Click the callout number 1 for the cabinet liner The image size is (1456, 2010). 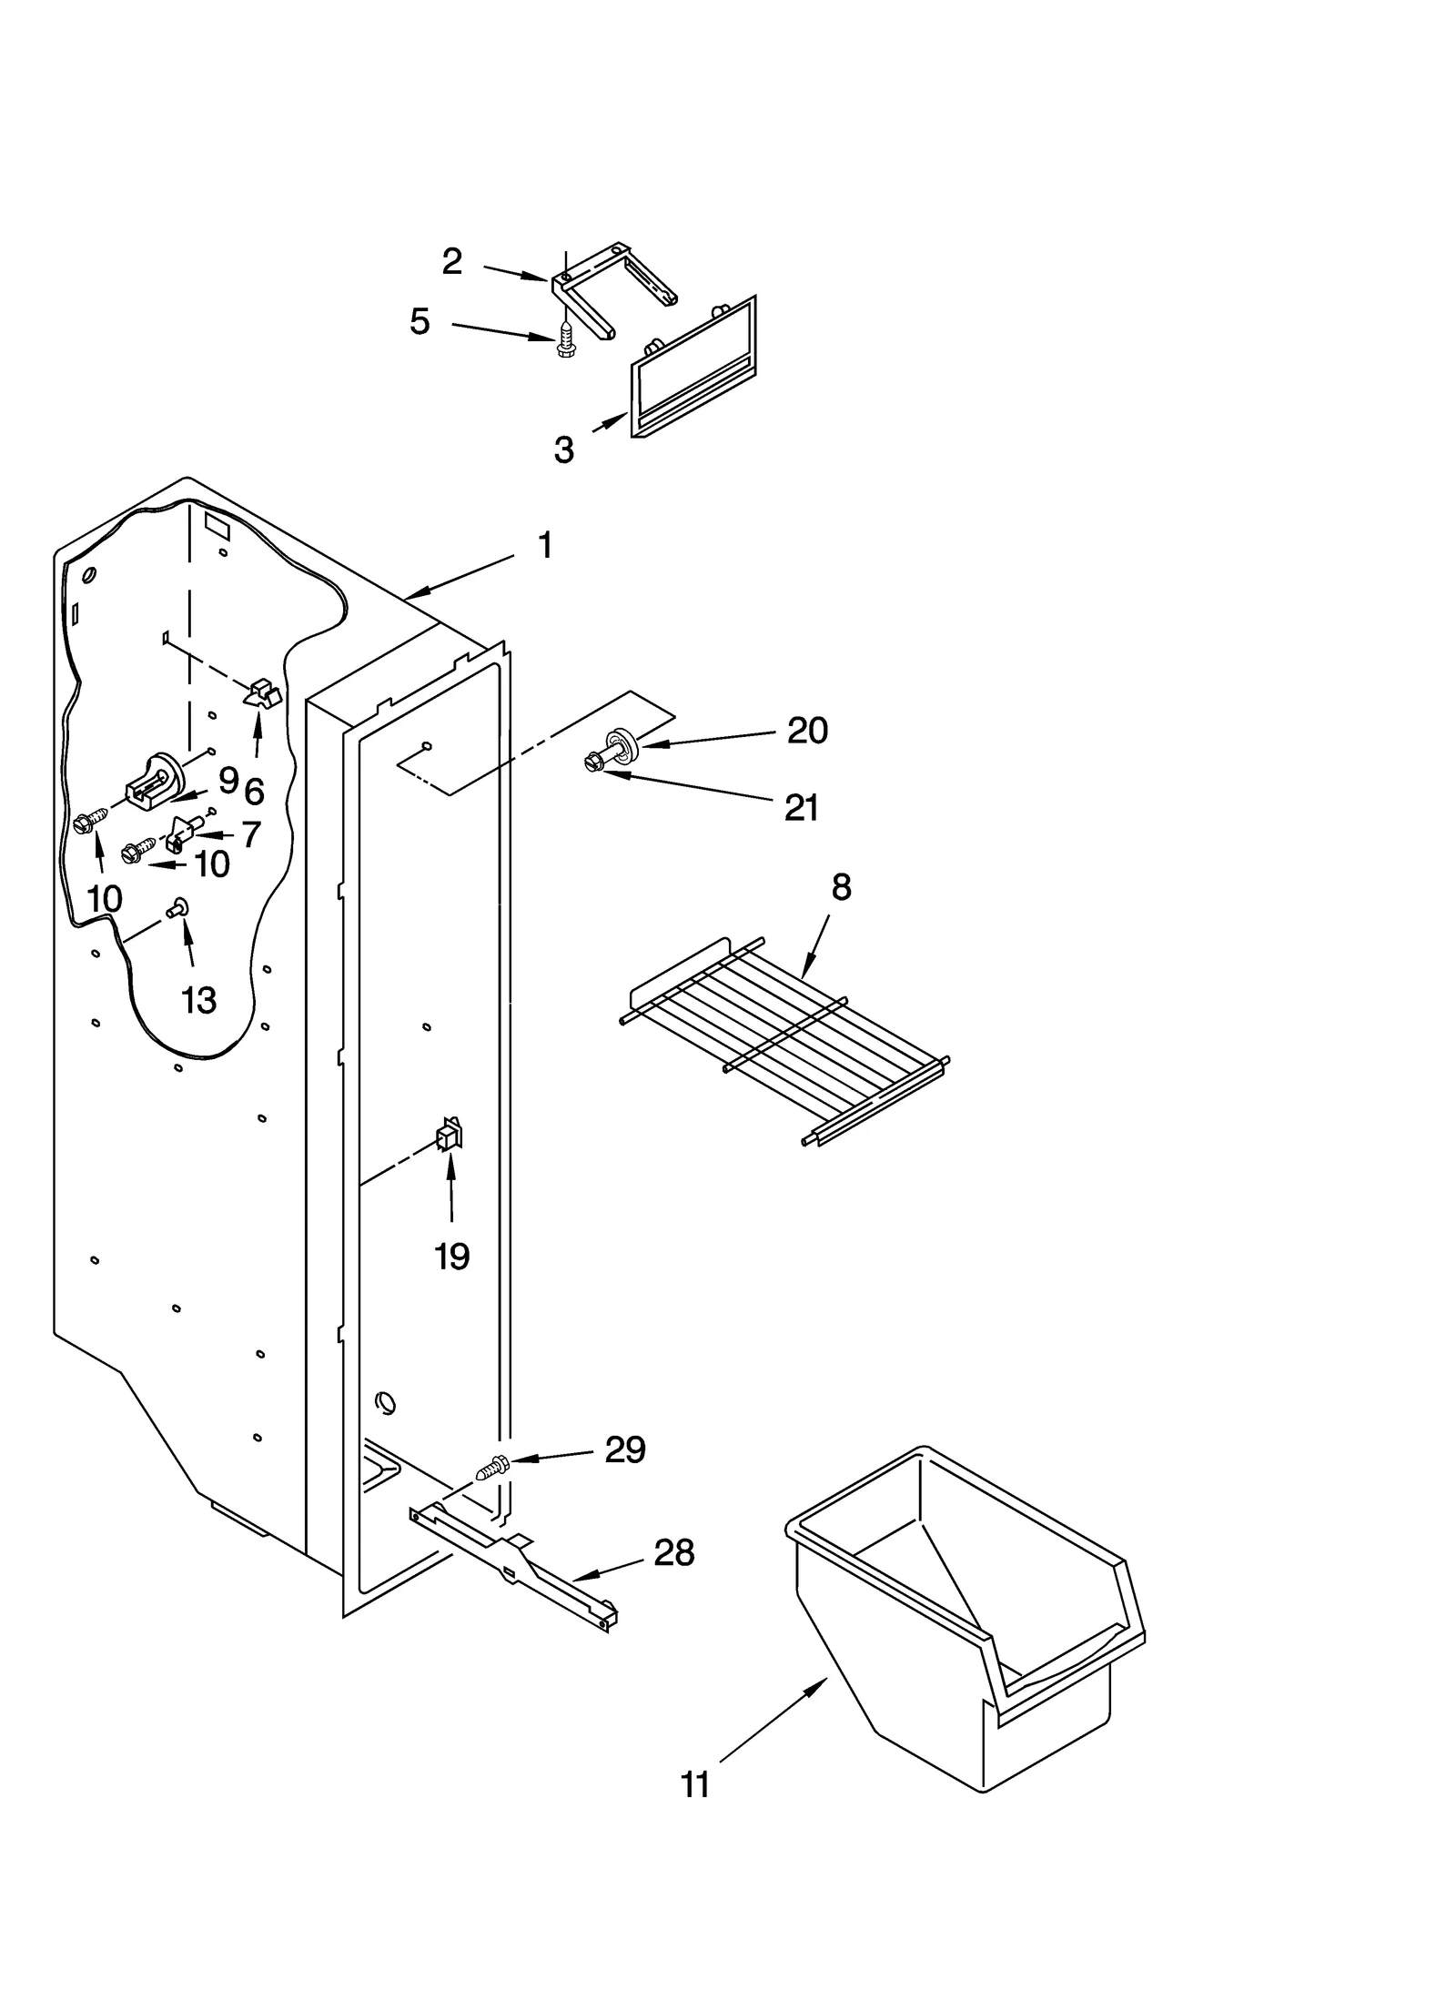[544, 546]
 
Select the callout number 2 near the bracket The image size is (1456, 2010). [452, 262]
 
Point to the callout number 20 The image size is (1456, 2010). [807, 731]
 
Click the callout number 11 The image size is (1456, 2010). [695, 1785]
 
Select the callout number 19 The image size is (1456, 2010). [451, 1258]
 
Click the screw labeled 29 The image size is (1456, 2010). [491, 1468]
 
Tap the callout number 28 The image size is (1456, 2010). [673, 1553]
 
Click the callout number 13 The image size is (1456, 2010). [198, 1001]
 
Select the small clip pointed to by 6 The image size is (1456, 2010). [262, 693]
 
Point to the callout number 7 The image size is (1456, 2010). [251, 834]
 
